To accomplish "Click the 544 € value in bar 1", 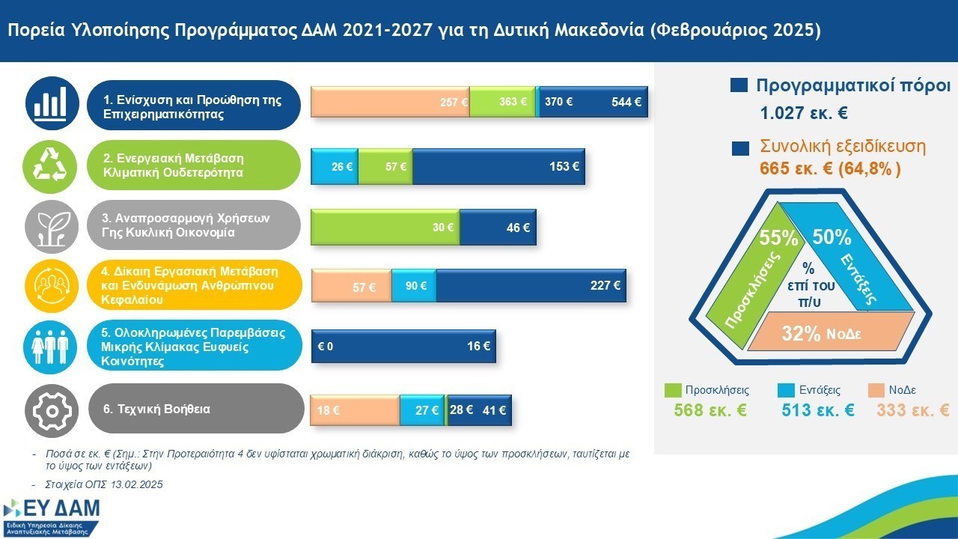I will tap(626, 103).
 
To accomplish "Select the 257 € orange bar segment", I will tap(389, 103).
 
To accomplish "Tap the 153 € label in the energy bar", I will tap(564, 166).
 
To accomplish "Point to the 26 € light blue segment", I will tap(335, 166).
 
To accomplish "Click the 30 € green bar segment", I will tap(385, 228).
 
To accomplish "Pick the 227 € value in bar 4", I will tap(605, 285).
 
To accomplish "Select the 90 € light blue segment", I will tap(413, 286).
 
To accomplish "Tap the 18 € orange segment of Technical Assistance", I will tap(354, 410).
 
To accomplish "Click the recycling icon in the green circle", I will tap(52, 165).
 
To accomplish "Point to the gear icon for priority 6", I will tap(52, 409).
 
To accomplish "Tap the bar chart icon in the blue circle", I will tap(52, 103).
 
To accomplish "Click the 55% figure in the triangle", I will tap(778, 239).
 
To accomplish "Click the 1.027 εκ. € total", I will tap(803, 115).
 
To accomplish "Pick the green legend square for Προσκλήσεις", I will tap(673, 390).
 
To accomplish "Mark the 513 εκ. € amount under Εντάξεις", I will tap(817, 410).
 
